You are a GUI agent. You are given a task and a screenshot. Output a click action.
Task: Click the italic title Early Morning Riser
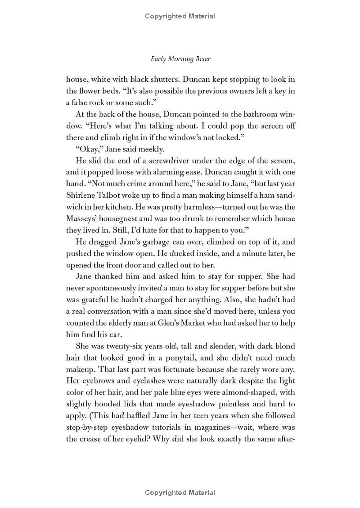180,59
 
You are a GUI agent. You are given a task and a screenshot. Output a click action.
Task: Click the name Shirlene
82,184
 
